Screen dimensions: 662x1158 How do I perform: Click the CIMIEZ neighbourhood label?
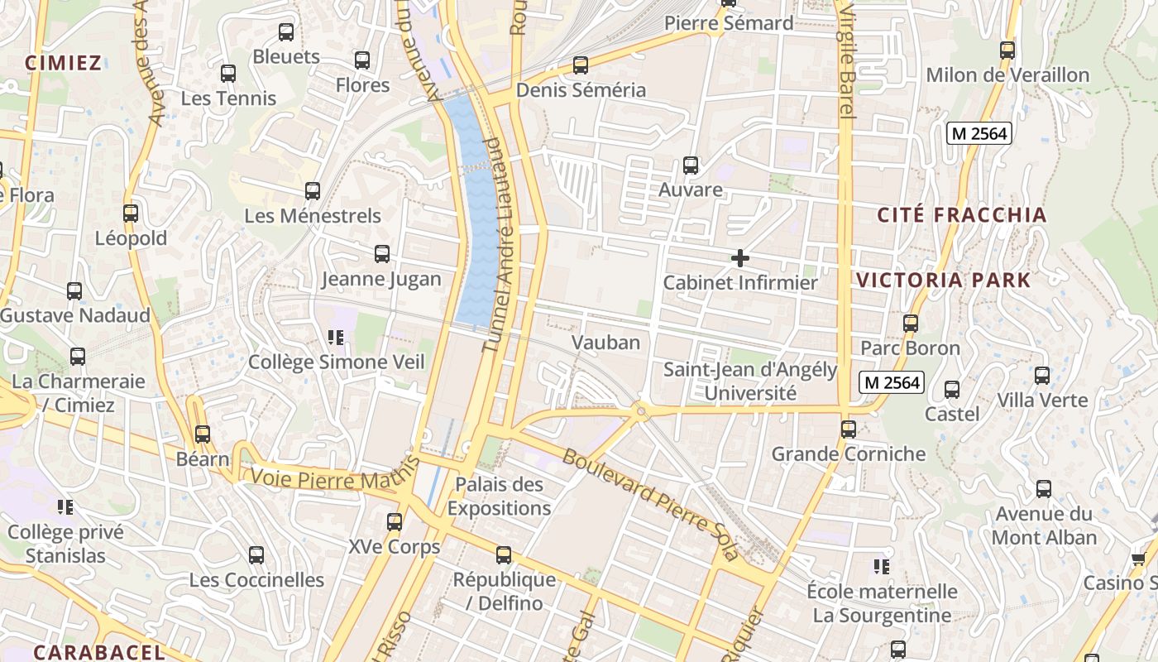pyautogui.click(x=63, y=63)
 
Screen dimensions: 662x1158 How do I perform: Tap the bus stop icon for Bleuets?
pyautogui.click(x=286, y=33)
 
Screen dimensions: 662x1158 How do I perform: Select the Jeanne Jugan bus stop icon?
pyautogui.click(x=381, y=254)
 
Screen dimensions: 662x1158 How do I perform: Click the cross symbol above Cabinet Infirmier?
pyautogui.click(x=740, y=259)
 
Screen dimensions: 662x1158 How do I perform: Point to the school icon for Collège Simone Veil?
pyautogui.click(x=336, y=337)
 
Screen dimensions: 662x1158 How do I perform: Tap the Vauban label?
pyautogui.click(x=606, y=343)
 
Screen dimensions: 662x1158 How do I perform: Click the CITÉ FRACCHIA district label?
pyautogui.click(x=962, y=215)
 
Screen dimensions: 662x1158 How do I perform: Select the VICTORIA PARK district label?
pyautogui.click(x=944, y=280)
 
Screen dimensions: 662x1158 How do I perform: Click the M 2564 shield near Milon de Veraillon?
pyautogui.click(x=980, y=133)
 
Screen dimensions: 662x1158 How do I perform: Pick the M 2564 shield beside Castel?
pyautogui.click(x=891, y=382)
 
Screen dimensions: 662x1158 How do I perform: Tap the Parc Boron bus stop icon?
pyautogui.click(x=911, y=324)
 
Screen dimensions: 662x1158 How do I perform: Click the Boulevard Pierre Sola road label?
pyautogui.click(x=649, y=505)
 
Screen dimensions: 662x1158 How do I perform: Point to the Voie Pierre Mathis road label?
pyautogui.click(x=318, y=479)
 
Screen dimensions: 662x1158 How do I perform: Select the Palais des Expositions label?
pyautogui.click(x=499, y=496)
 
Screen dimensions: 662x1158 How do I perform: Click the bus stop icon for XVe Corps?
pyautogui.click(x=395, y=522)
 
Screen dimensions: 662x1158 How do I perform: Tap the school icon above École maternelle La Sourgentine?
pyautogui.click(x=882, y=567)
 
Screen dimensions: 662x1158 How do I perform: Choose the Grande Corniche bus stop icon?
pyautogui.click(x=849, y=429)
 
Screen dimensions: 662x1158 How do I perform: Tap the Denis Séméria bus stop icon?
pyautogui.click(x=581, y=65)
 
